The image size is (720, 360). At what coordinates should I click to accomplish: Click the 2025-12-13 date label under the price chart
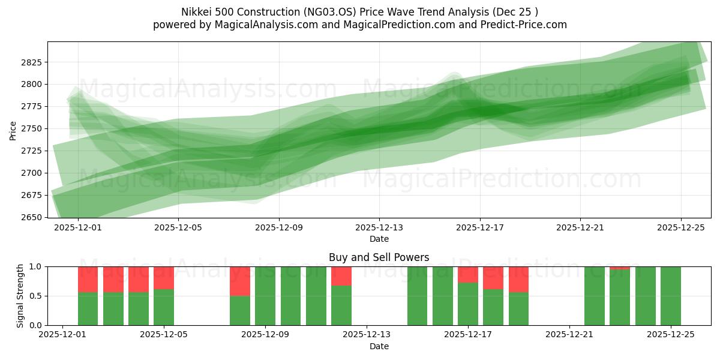[379, 228]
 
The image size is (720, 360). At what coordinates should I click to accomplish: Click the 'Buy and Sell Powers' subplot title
[379, 257]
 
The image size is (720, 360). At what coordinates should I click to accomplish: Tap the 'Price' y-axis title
[13, 130]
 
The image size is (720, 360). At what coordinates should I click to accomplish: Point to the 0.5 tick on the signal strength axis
[35, 296]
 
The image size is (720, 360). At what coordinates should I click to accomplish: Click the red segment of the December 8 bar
[240, 281]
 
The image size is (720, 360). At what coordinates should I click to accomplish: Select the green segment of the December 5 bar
[164, 307]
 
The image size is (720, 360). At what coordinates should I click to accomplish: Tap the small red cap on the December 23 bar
[620, 268]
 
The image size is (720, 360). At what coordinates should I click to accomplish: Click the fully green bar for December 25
[670, 296]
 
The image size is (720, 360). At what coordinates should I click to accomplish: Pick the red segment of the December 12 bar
[341, 275]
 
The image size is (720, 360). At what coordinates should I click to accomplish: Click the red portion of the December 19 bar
[518, 279]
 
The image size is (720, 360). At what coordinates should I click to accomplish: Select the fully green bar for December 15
[418, 296]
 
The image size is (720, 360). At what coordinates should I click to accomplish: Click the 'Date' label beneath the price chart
[379, 239]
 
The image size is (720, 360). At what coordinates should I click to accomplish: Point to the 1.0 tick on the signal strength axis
[35, 266]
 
